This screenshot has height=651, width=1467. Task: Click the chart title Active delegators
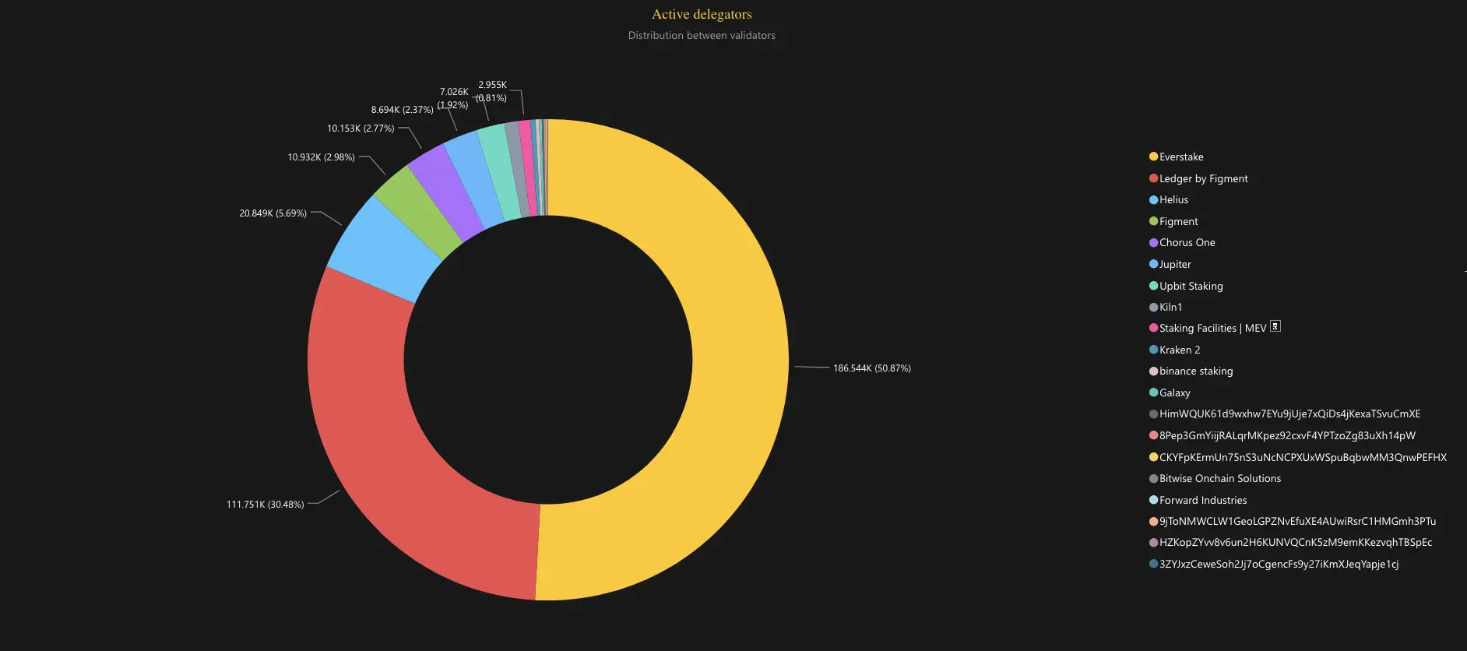point(702,14)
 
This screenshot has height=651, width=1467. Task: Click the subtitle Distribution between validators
point(702,35)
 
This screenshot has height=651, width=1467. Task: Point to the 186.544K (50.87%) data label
point(871,368)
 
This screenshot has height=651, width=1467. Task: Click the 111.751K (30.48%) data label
point(265,505)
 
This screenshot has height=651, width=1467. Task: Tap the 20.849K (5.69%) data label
point(273,213)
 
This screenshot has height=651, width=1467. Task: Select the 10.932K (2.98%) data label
point(321,157)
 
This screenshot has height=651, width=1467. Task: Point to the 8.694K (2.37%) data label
point(402,110)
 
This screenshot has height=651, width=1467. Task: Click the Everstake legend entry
point(1180,157)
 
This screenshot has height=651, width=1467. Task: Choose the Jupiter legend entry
point(1174,264)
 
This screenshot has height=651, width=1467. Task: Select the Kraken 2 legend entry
point(1179,350)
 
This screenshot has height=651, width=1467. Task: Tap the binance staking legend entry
point(1195,371)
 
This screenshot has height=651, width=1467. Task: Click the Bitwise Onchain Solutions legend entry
point(1219,478)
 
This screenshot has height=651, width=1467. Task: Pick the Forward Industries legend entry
point(1202,500)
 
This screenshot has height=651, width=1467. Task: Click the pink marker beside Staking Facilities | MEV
point(1153,328)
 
